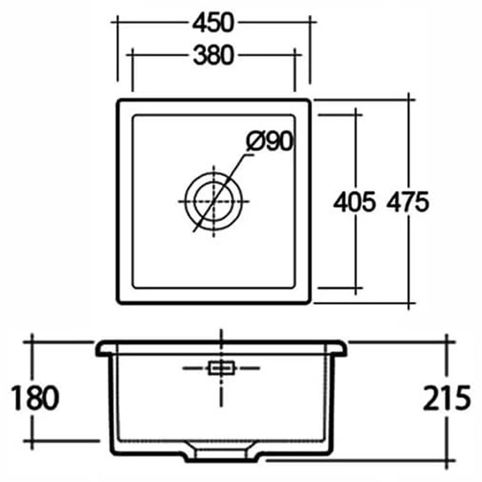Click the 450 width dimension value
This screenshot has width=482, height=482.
coord(213,22)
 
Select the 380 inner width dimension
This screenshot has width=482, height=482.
coord(213,55)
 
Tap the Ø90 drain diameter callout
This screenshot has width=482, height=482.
coord(269,142)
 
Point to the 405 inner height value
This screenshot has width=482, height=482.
coord(354,202)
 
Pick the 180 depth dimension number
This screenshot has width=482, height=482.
coord(35,398)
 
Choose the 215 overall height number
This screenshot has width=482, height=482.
coord(446,398)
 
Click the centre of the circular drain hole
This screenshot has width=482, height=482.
coord(214,201)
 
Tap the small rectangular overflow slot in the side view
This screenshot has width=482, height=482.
coord(221,368)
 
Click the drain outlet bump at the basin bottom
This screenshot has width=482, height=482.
coord(221,452)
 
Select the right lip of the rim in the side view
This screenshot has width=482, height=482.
coord(341,348)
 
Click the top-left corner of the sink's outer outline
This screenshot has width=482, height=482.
coord(119,101)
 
